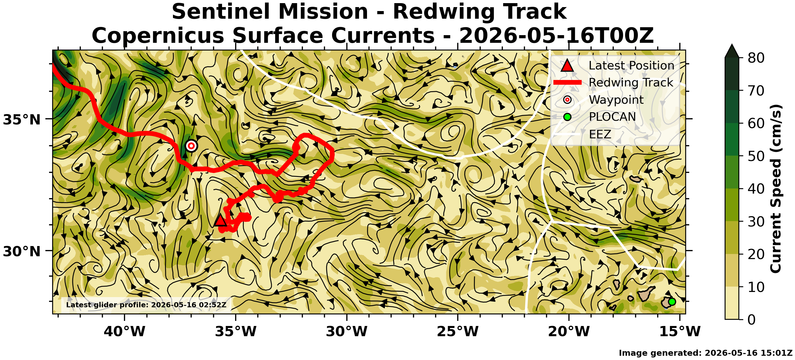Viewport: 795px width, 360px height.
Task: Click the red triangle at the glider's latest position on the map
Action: [220, 221]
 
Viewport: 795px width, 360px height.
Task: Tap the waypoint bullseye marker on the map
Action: [191, 146]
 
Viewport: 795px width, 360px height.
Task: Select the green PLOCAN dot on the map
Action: [672, 302]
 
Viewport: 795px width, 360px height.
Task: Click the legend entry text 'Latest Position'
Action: [631, 66]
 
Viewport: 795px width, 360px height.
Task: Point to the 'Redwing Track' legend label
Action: [631, 83]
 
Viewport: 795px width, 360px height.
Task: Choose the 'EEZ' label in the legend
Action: [600, 134]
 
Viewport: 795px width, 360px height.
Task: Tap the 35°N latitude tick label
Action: [22, 120]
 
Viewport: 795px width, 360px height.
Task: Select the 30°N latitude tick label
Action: [22, 252]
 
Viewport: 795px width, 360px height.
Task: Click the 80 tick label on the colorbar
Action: [756, 58]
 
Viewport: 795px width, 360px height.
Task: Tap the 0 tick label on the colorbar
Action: [752, 319]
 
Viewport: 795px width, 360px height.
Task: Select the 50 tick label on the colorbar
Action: [756, 156]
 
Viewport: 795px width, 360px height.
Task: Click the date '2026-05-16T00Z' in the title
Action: [556, 36]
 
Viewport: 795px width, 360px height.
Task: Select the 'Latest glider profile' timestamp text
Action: [146, 305]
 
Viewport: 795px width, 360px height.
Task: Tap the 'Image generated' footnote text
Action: [705, 353]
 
